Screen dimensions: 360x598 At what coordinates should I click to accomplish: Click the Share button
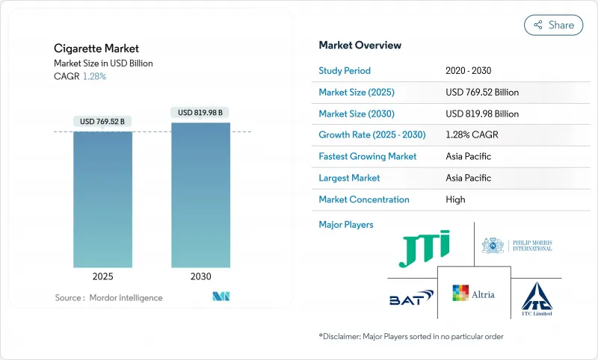point(553,25)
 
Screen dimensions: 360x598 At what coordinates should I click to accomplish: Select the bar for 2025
point(102,199)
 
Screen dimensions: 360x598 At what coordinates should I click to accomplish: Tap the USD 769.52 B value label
point(102,122)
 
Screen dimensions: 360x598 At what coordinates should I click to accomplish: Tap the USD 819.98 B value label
point(200,113)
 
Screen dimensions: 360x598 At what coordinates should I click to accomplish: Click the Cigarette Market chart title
point(96,49)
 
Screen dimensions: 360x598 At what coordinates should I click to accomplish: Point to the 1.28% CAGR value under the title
point(94,77)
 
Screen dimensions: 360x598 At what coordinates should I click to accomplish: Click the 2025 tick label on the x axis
point(102,276)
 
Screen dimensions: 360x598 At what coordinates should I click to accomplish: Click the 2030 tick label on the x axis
point(200,276)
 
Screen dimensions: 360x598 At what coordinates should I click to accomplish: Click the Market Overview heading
point(360,45)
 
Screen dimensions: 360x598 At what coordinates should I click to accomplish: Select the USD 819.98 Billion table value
point(481,114)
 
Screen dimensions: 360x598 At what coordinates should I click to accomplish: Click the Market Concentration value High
point(455,199)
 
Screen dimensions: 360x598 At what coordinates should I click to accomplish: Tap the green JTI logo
point(424,249)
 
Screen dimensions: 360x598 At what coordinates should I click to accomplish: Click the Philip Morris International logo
point(518,245)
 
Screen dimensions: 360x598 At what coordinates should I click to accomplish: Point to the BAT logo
point(411,298)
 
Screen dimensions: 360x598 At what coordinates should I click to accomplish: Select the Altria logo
point(473,294)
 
